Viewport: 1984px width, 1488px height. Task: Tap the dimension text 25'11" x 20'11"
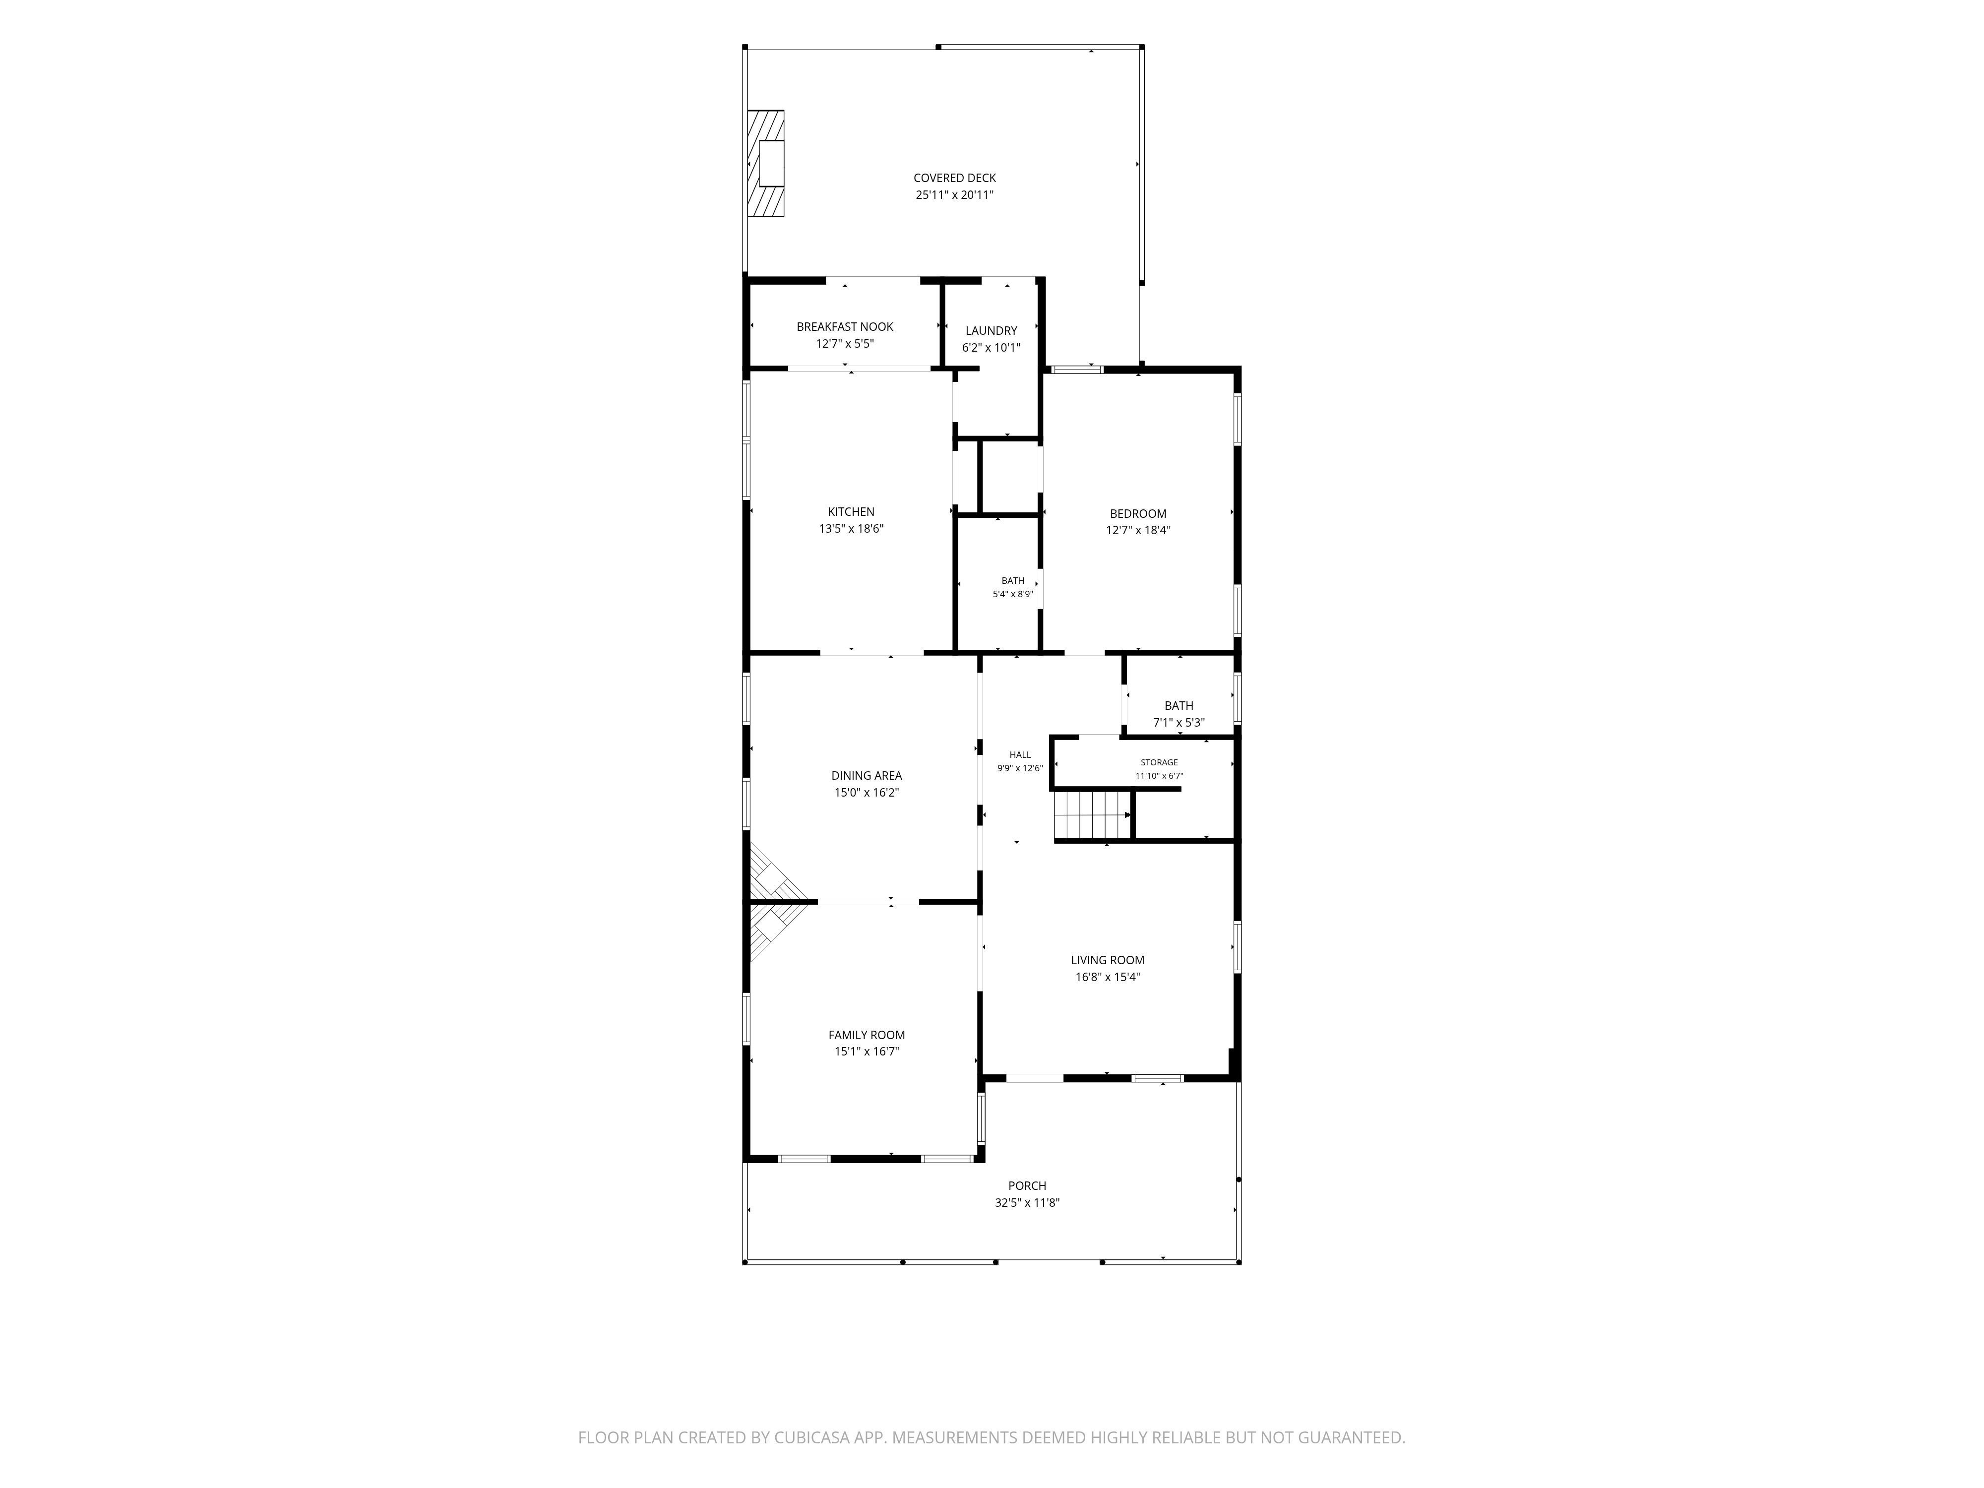[954, 194]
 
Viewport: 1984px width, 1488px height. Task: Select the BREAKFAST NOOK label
[845, 326]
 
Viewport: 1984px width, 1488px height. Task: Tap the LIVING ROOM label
[1108, 960]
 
